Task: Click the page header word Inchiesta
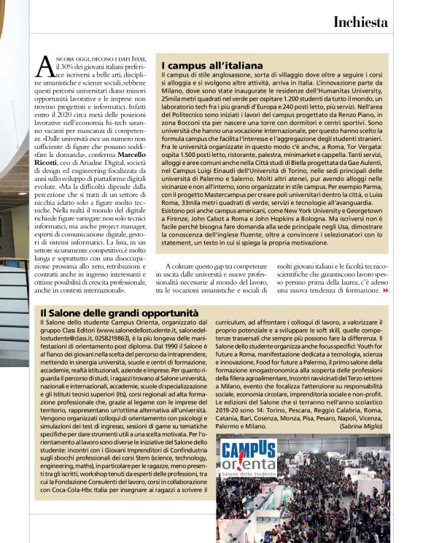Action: click(x=370, y=22)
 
